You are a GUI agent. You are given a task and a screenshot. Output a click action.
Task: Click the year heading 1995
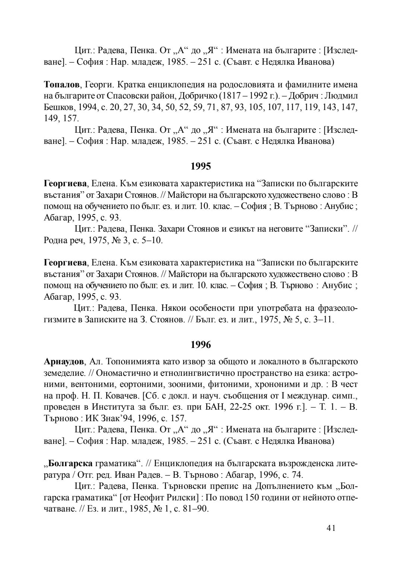click(x=201, y=166)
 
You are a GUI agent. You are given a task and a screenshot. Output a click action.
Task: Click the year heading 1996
click(x=201, y=345)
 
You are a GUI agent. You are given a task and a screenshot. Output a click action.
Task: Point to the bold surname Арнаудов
click(x=65, y=361)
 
